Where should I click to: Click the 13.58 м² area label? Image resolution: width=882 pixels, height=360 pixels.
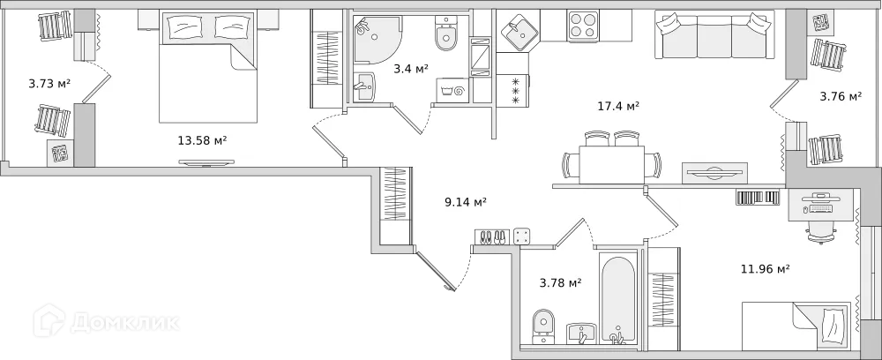click(203, 139)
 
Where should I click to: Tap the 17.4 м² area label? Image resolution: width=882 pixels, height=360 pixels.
click(618, 106)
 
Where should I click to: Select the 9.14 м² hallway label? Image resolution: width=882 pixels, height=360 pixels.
click(466, 202)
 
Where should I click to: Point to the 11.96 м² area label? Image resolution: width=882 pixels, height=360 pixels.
click(765, 269)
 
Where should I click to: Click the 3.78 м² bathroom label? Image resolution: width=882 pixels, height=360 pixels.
click(560, 282)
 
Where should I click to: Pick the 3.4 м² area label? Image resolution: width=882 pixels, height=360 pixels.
click(411, 68)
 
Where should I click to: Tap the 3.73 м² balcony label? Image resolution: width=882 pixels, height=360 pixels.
click(49, 84)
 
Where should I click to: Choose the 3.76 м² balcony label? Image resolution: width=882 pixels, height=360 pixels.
click(841, 96)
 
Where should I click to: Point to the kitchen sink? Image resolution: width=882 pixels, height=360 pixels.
click(519, 34)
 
